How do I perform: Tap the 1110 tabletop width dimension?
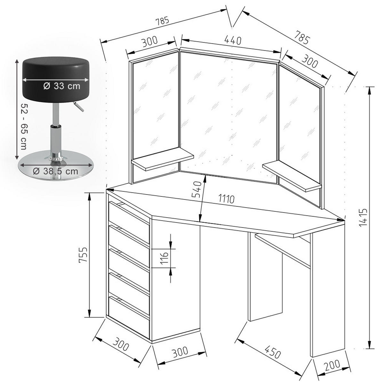point(226,198)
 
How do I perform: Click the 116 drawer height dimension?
point(164,258)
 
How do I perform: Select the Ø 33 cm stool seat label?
point(62,86)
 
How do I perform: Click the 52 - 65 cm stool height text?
point(24,126)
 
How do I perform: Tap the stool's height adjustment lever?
point(78,106)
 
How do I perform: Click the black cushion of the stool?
point(56,80)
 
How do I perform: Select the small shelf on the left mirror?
point(163,159)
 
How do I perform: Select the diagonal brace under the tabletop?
point(283,251)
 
